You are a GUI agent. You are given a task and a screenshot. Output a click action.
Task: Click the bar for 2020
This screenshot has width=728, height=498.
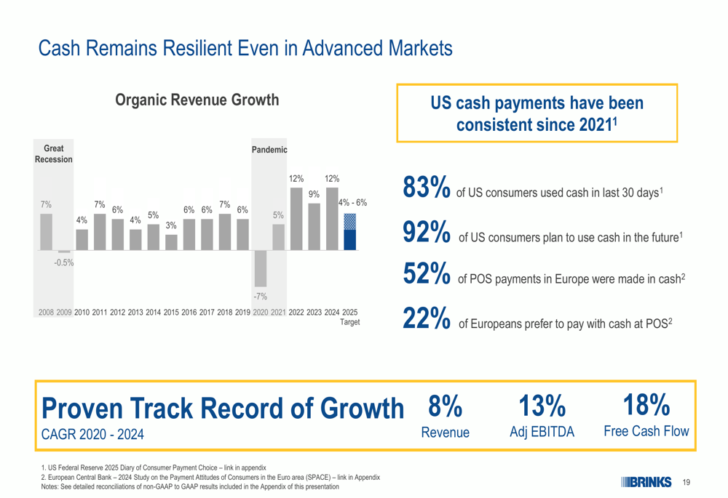[x=261, y=268]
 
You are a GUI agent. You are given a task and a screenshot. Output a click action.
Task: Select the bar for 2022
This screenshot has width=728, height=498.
[x=296, y=219]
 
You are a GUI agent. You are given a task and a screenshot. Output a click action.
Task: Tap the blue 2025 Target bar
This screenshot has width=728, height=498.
[x=349, y=232]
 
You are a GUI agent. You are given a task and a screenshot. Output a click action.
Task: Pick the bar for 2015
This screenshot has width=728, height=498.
[x=171, y=243]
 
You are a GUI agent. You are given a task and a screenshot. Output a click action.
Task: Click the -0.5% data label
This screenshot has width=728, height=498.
[x=63, y=263]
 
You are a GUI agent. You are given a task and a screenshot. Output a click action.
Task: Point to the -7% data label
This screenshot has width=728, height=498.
[x=260, y=297]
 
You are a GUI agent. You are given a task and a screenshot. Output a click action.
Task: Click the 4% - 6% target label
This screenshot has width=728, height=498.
[x=352, y=203]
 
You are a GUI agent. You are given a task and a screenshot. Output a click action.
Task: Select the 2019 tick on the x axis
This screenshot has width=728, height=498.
[x=242, y=313]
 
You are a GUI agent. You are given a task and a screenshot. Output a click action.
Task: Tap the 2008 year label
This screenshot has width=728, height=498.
[x=46, y=313]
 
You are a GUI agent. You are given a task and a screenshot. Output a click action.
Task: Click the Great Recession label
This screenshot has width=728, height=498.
[x=53, y=154]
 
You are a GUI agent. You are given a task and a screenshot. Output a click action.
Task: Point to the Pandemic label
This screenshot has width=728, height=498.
[x=269, y=150]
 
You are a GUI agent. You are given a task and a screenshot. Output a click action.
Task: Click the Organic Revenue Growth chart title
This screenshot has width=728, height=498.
[x=197, y=100]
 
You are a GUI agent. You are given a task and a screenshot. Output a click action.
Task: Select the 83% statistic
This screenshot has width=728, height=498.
[x=426, y=187]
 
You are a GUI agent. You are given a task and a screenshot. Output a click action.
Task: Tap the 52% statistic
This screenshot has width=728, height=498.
[x=426, y=273]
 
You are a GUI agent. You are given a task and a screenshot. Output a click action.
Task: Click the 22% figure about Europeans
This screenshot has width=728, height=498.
[x=426, y=318]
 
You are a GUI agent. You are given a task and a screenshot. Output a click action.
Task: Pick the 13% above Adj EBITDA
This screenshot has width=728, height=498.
[x=542, y=406]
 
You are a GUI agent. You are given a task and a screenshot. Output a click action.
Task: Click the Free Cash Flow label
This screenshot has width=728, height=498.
[x=646, y=431]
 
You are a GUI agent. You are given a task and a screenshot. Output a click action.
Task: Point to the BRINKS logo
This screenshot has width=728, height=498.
[x=646, y=482]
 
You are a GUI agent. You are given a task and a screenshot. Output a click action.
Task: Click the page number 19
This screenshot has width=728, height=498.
[x=687, y=483]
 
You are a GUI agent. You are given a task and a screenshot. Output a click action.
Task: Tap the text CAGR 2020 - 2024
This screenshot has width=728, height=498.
[x=92, y=435]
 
